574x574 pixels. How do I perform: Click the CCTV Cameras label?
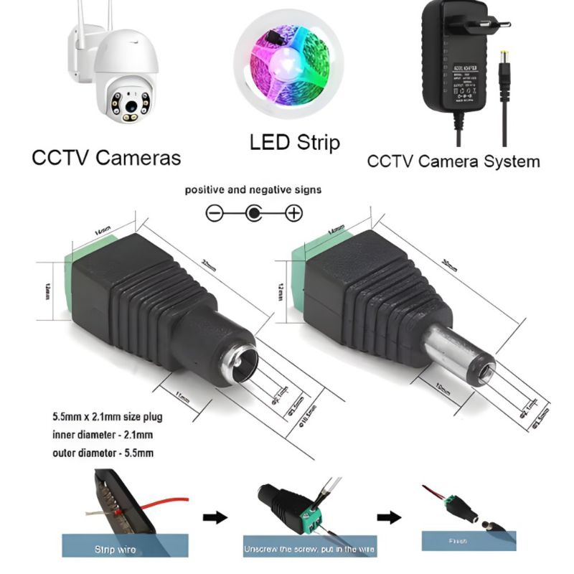106,157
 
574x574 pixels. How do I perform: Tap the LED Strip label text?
294,141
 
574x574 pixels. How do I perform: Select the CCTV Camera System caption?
453,161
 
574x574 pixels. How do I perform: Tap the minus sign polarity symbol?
215,213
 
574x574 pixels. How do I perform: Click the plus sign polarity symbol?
293,213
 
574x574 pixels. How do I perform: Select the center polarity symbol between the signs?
254,213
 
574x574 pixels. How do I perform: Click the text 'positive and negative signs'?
253,190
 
